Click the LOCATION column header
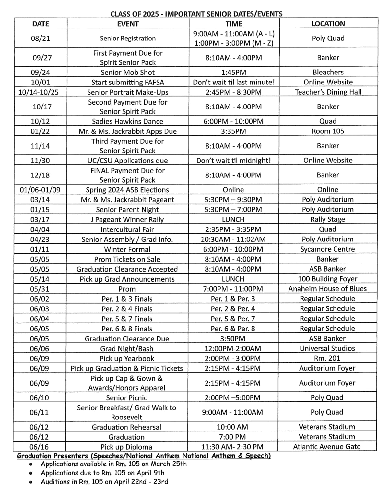pyautogui.click(x=328, y=24)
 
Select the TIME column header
pyautogui.click(x=234, y=24)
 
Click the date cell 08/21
pyautogui.click(x=41, y=38)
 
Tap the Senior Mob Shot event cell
pyautogui.click(x=128, y=72)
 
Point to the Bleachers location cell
pyautogui.click(x=328, y=72)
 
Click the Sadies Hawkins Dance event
pyautogui.click(x=128, y=121)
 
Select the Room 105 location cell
pyautogui.click(x=328, y=131)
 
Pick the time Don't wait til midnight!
pyautogui.click(x=233, y=160)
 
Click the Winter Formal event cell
pyautogui.click(x=127, y=249)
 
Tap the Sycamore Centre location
pyautogui.click(x=327, y=249)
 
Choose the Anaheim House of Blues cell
pyautogui.click(x=327, y=289)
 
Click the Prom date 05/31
pyautogui.click(x=40, y=289)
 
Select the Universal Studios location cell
pyautogui.click(x=327, y=348)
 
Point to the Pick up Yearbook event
pyautogui.click(x=127, y=358)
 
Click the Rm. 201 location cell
pyautogui.click(x=327, y=358)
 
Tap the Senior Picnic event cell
pyautogui.click(x=127, y=397)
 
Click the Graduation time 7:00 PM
pyautogui.click(x=232, y=437)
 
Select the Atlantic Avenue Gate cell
pyautogui.click(x=327, y=447)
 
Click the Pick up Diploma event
pyautogui.click(x=126, y=447)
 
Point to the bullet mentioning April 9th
pyautogui.click(x=102, y=473)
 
